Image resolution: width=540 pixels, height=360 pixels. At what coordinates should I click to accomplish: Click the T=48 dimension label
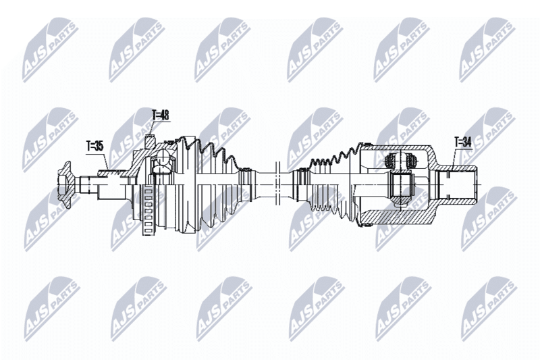tap(161, 115)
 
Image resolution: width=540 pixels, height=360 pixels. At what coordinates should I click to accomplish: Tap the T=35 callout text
tap(94, 146)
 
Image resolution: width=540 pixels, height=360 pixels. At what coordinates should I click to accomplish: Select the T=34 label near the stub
tap(463, 143)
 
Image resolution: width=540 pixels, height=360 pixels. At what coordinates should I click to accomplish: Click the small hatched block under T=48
tap(149, 141)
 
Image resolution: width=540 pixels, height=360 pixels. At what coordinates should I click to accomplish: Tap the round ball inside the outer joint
tap(161, 163)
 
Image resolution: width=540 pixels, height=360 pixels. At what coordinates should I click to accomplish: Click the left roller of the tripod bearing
tap(390, 160)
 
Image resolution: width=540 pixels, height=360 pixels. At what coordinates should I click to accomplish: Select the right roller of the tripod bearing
tap(412, 160)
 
